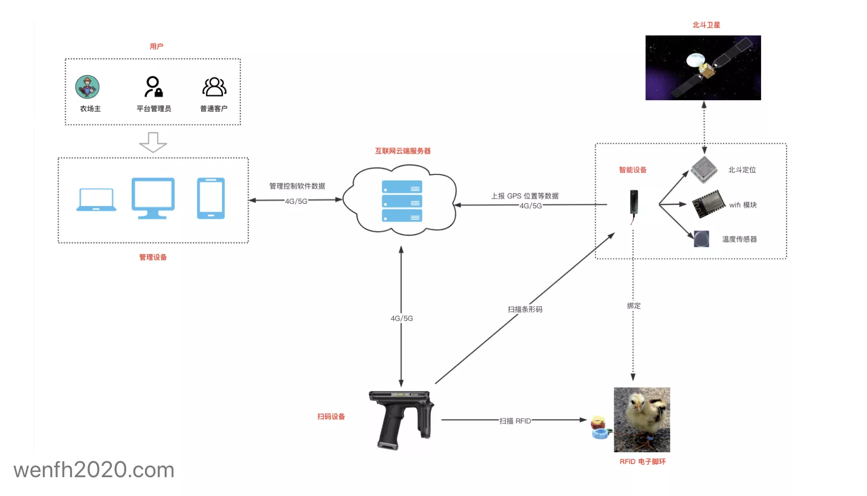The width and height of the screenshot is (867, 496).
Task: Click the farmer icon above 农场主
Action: pos(88,87)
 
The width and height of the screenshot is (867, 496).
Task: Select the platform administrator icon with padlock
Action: pos(153,87)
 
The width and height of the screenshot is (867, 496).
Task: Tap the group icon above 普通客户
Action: pos(214,87)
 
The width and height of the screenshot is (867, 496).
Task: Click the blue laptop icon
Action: pos(96,200)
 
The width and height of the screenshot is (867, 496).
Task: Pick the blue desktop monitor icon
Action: pos(153,198)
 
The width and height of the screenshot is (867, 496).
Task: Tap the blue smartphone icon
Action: pos(210,198)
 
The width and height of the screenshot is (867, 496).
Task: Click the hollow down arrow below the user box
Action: pos(153,142)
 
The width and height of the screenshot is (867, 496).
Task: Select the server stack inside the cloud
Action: pos(402,201)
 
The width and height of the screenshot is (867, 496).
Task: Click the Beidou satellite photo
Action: pos(703,68)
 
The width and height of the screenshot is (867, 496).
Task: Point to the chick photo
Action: pos(642,419)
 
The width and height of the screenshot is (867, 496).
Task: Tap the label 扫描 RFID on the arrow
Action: pos(515,421)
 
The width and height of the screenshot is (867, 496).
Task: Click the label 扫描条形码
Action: pos(525,309)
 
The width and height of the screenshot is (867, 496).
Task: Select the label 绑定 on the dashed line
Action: pos(634,306)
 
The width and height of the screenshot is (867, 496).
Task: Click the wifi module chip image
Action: pos(708,204)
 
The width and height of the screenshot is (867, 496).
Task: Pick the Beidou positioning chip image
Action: pos(704,169)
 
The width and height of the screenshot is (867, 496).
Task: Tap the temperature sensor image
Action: pos(701,239)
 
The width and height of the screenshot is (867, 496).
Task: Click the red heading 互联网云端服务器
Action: pos(402,151)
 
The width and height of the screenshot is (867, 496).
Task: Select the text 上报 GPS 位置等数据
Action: pos(525,196)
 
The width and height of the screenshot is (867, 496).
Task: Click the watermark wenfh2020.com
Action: pos(94,470)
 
